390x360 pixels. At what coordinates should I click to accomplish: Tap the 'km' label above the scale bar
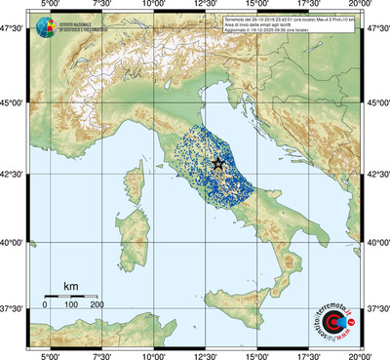point(70,286)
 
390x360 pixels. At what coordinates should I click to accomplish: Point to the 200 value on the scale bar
point(97,305)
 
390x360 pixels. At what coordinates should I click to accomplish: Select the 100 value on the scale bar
point(71,305)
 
